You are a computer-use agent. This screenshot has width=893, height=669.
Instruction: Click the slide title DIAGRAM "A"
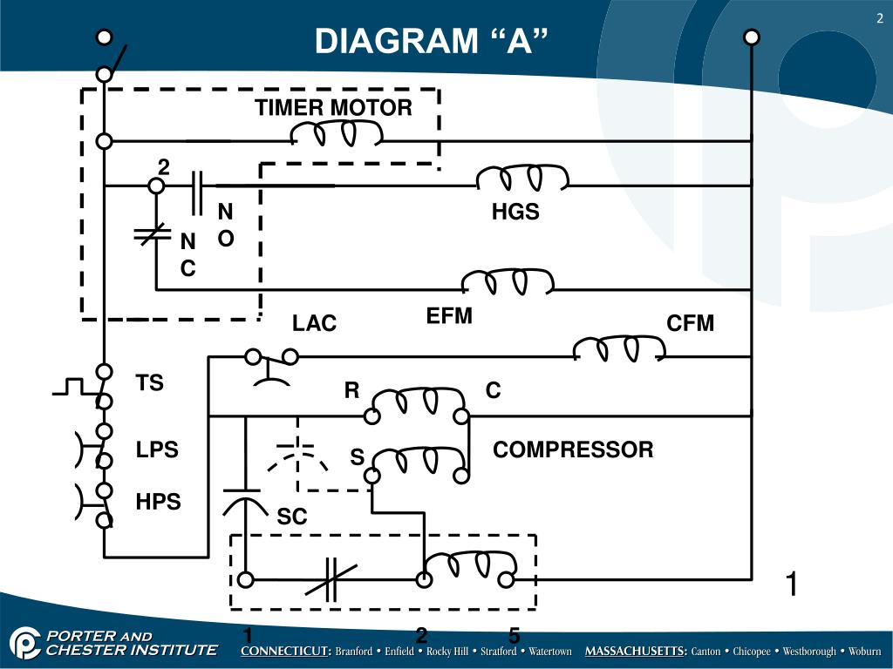pyautogui.click(x=433, y=41)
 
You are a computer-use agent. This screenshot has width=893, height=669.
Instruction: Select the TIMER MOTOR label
pyautogui.click(x=333, y=108)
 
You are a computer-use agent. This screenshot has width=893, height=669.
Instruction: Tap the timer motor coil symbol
pyautogui.click(x=336, y=133)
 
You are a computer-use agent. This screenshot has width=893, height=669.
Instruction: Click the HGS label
pyautogui.click(x=515, y=212)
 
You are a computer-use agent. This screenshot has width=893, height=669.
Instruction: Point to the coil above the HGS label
pyautogui.click(x=522, y=178)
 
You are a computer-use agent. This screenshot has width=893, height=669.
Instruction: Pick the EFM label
pyautogui.click(x=449, y=316)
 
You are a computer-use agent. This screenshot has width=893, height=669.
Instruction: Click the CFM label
pyautogui.click(x=690, y=324)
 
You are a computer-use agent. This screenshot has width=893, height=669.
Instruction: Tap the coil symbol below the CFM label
pyautogui.click(x=619, y=348)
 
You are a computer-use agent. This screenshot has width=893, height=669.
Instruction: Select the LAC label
pyautogui.click(x=314, y=324)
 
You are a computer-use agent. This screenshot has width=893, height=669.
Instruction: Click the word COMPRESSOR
pyautogui.click(x=573, y=450)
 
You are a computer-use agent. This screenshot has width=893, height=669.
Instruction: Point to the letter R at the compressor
pyautogui.click(x=351, y=391)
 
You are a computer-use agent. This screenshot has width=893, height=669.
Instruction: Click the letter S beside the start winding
pyautogui.click(x=357, y=457)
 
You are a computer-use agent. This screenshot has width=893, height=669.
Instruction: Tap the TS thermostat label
pyautogui.click(x=150, y=383)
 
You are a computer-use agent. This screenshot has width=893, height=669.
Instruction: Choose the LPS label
pyautogui.click(x=157, y=450)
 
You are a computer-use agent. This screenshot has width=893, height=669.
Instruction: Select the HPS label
pyautogui.click(x=158, y=502)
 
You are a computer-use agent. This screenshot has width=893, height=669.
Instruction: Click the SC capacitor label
pyautogui.click(x=292, y=517)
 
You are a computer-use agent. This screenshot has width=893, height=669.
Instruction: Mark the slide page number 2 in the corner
pyautogui.click(x=880, y=19)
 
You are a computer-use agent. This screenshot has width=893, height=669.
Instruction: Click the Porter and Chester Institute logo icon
pyautogui.click(x=25, y=643)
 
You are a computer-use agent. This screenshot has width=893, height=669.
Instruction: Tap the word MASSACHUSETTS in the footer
pyautogui.click(x=636, y=652)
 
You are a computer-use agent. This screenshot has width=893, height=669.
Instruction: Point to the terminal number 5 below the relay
pyautogui.click(x=515, y=637)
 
